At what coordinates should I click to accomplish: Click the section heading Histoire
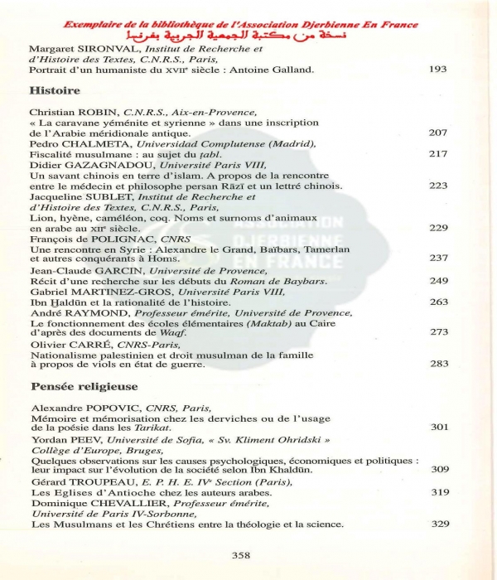point(55,90)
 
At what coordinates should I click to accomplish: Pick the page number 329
point(440,524)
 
